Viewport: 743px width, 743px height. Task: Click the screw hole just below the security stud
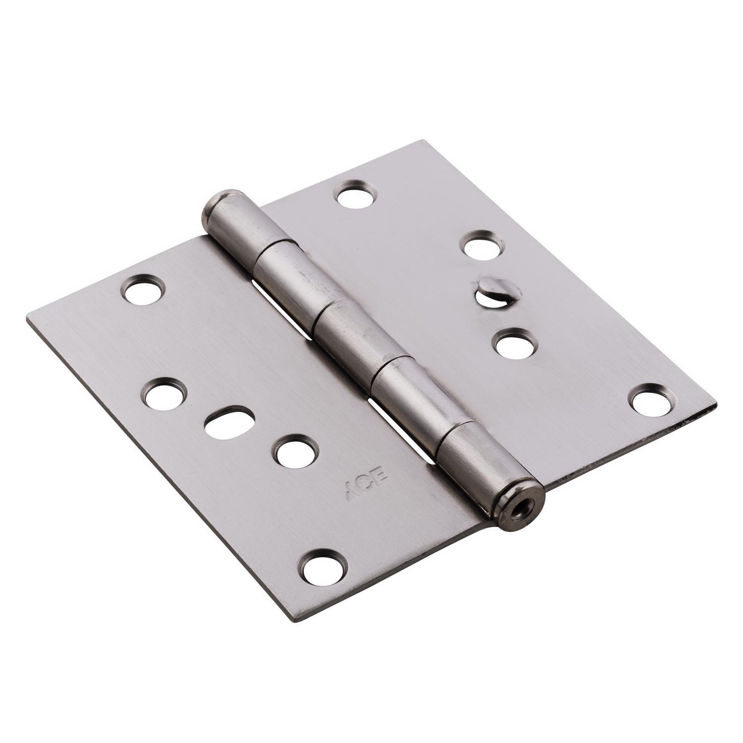coord(516,343)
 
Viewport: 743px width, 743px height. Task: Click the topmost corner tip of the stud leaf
coord(422,141)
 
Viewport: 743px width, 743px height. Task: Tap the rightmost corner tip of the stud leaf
coord(716,406)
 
